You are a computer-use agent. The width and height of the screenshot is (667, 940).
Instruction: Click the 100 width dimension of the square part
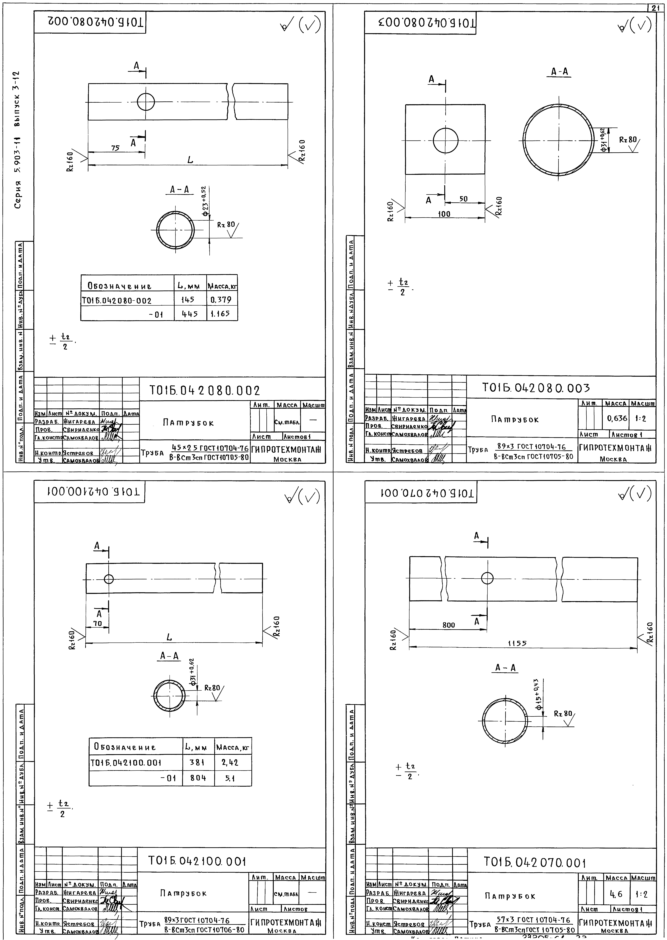(444, 214)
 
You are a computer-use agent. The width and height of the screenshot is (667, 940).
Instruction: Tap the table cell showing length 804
(198, 778)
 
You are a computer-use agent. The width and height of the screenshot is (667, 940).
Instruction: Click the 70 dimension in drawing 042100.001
(97, 623)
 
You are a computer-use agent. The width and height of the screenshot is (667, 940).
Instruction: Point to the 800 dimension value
(448, 625)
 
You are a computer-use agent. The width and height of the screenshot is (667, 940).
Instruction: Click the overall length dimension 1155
(517, 644)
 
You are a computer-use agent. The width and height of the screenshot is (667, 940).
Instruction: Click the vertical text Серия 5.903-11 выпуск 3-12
(17, 140)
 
